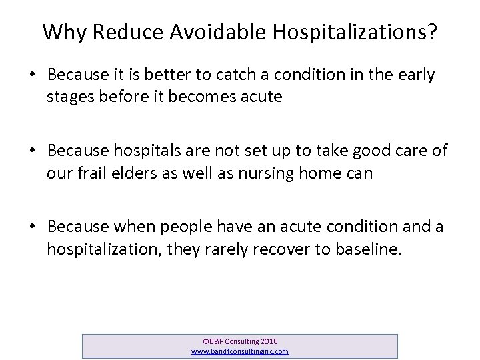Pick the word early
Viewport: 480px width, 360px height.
(414, 76)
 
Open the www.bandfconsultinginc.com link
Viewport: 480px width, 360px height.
(239, 351)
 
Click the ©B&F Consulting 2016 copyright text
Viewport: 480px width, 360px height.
(239, 341)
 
